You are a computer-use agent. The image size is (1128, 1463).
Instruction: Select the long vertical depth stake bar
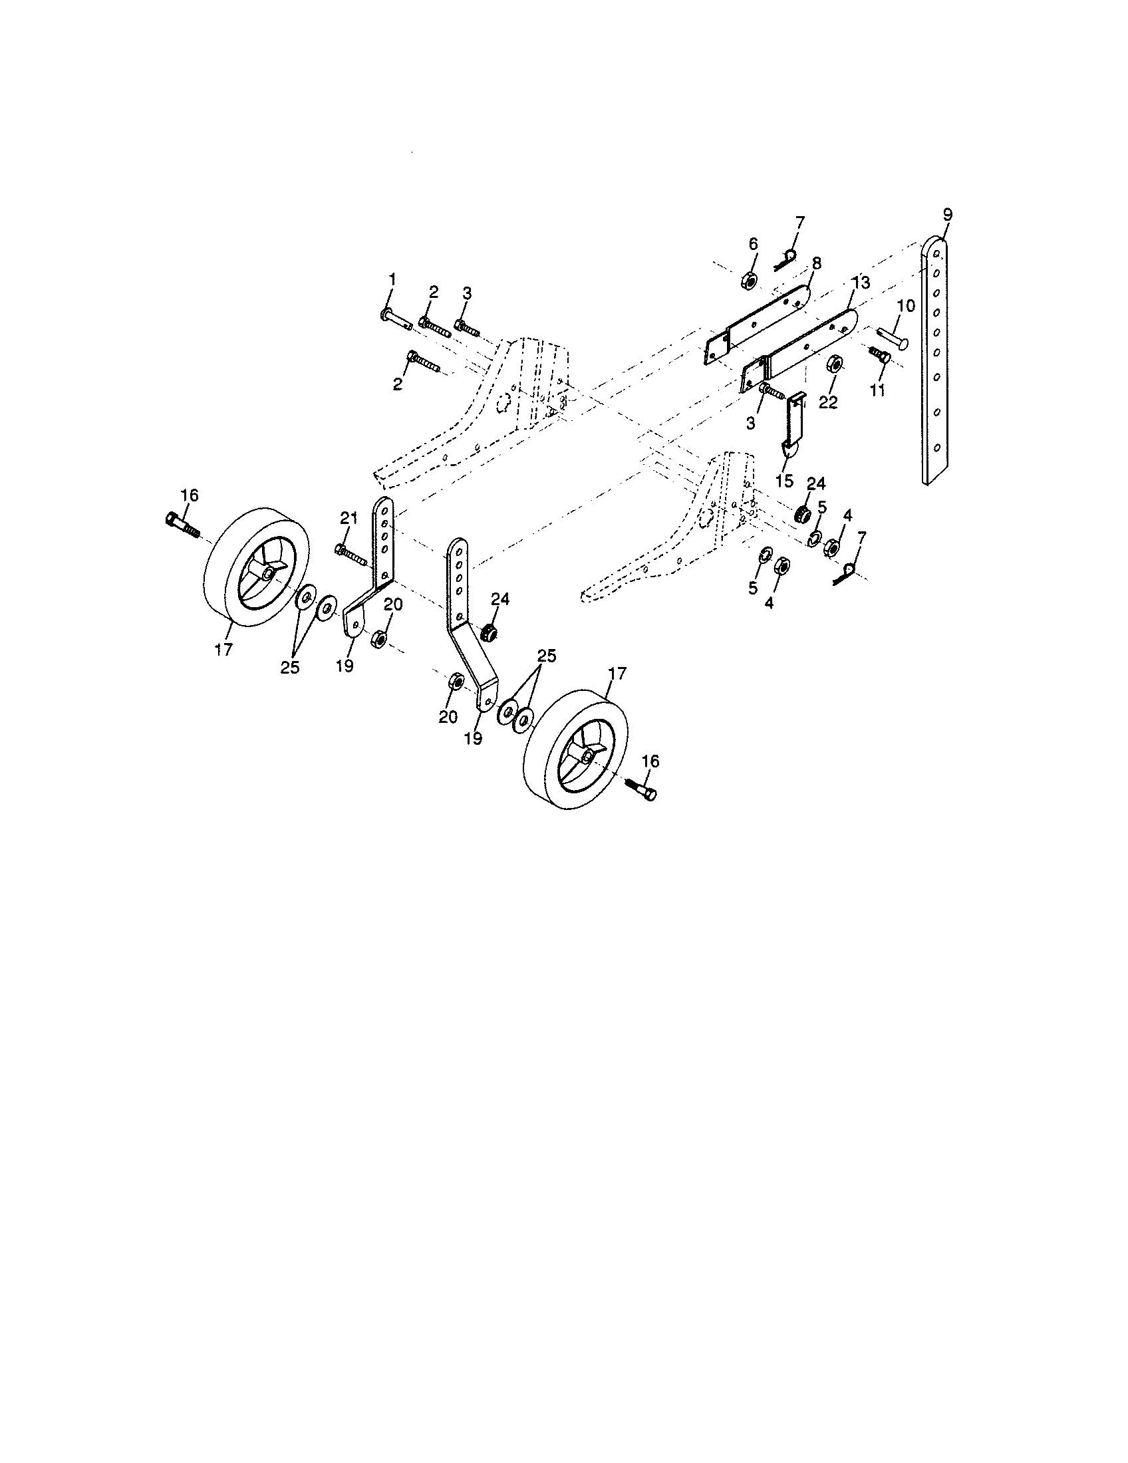pos(936,362)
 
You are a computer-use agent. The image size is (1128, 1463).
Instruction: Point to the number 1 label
pos(392,278)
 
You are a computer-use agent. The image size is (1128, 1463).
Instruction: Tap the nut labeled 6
pos(749,281)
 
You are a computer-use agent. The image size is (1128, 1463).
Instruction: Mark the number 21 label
pos(349,518)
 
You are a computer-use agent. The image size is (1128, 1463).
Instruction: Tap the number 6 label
pos(753,244)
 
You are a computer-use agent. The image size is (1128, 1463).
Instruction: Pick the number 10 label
pos(905,306)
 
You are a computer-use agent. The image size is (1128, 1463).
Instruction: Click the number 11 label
pos(877,389)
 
